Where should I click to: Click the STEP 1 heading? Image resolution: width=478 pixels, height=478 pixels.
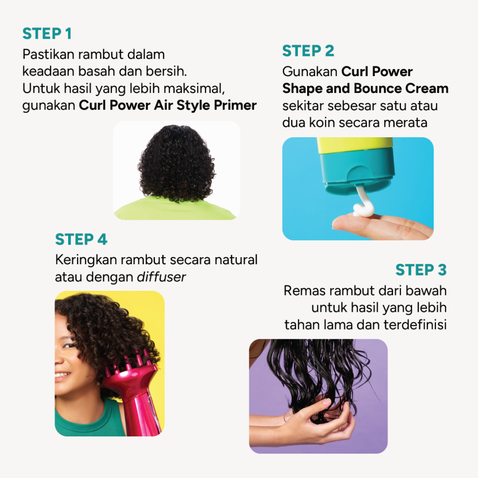[47, 34]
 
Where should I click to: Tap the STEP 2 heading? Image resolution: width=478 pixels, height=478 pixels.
[308, 51]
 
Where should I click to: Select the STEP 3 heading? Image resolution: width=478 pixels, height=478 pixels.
[421, 270]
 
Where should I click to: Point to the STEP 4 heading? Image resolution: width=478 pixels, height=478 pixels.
[81, 239]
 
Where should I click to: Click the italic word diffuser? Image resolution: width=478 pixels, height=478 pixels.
[161, 277]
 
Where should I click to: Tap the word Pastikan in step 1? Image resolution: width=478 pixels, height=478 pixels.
[48, 55]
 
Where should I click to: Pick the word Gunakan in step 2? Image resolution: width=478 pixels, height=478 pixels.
[310, 72]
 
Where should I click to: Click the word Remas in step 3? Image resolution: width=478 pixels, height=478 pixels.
[304, 291]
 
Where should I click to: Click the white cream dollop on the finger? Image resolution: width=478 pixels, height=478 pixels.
[363, 210]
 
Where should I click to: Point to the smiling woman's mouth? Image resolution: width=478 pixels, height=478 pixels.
[62, 374]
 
